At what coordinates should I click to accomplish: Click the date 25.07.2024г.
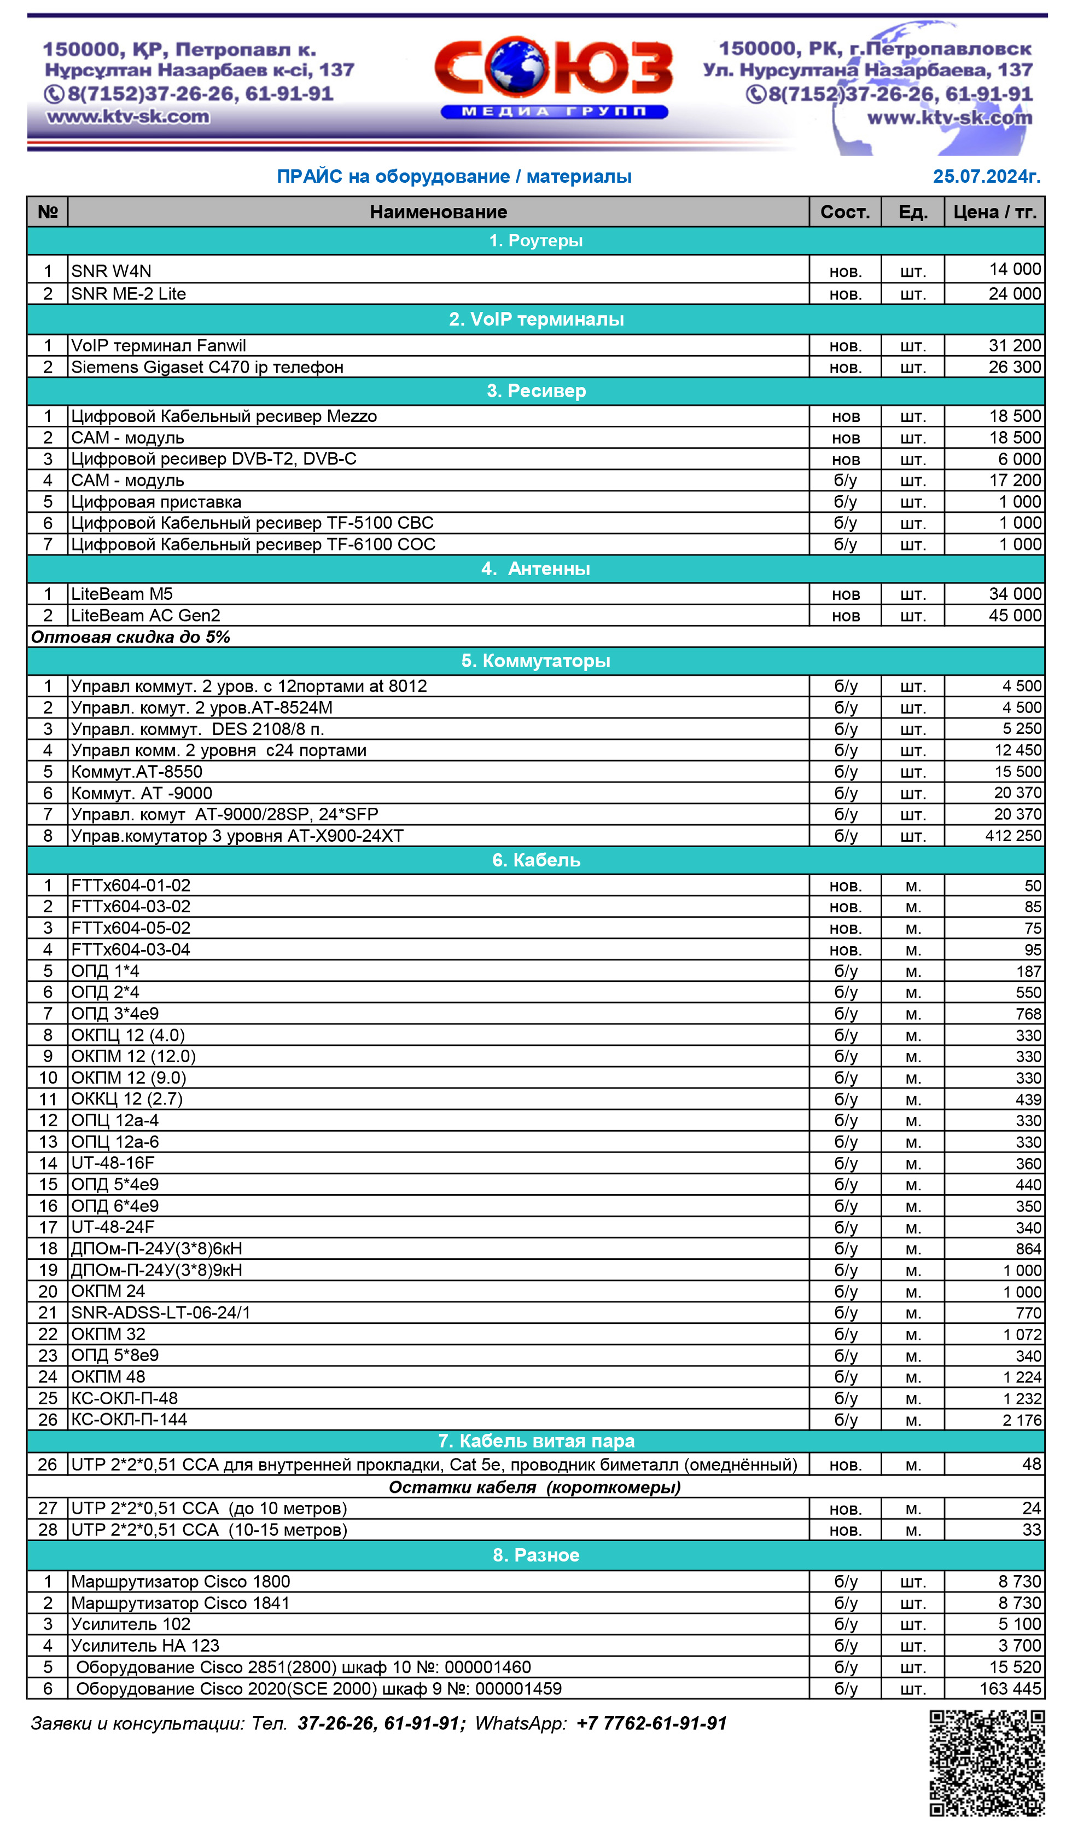(986, 176)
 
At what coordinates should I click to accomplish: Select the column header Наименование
(438, 212)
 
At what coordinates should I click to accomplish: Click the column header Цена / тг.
(994, 212)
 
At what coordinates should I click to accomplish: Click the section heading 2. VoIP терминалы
(536, 319)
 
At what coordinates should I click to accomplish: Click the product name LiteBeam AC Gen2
(145, 615)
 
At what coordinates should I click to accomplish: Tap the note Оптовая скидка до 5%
(130, 637)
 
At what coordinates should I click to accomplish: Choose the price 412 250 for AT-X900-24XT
(1013, 836)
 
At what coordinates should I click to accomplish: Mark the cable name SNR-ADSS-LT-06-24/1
(161, 1313)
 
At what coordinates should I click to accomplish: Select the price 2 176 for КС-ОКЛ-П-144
(1022, 1420)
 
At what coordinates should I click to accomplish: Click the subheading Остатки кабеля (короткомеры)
(534, 1487)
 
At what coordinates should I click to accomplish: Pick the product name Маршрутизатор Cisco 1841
(180, 1603)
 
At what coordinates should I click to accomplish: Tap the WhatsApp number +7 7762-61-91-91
(651, 1723)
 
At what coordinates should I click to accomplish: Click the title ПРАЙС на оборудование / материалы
(453, 176)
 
